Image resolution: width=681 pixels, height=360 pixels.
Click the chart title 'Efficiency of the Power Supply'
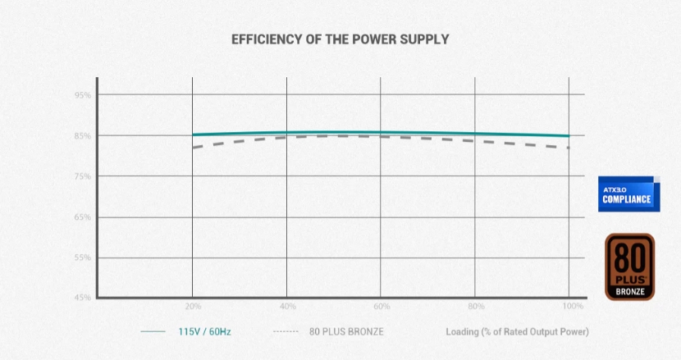coord(340,39)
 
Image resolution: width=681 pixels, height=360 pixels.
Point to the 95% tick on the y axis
coord(82,95)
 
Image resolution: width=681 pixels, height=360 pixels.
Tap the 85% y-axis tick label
coord(82,136)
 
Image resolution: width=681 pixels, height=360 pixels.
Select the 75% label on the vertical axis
coord(82,176)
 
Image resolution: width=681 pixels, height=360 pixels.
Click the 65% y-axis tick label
coord(82,217)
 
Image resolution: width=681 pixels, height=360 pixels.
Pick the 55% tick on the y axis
coord(82,257)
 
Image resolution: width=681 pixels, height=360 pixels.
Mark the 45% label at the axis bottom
coord(82,297)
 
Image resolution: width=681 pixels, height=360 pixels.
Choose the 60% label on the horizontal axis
coord(381,306)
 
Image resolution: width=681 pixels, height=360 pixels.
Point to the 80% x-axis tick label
coord(475,306)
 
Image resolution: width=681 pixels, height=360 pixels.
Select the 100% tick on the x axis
coord(574,306)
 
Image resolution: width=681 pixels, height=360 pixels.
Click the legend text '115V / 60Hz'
coord(205,332)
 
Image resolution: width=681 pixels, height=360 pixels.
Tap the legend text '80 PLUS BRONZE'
coord(345,332)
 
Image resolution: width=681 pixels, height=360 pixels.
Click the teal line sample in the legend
coord(153,332)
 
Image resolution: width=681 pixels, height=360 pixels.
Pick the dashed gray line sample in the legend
coord(284,332)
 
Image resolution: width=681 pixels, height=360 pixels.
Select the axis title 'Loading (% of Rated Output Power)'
coord(517,332)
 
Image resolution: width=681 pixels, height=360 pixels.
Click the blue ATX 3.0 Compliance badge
coord(629,194)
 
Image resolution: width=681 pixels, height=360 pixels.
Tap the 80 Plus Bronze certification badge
coord(629,267)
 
